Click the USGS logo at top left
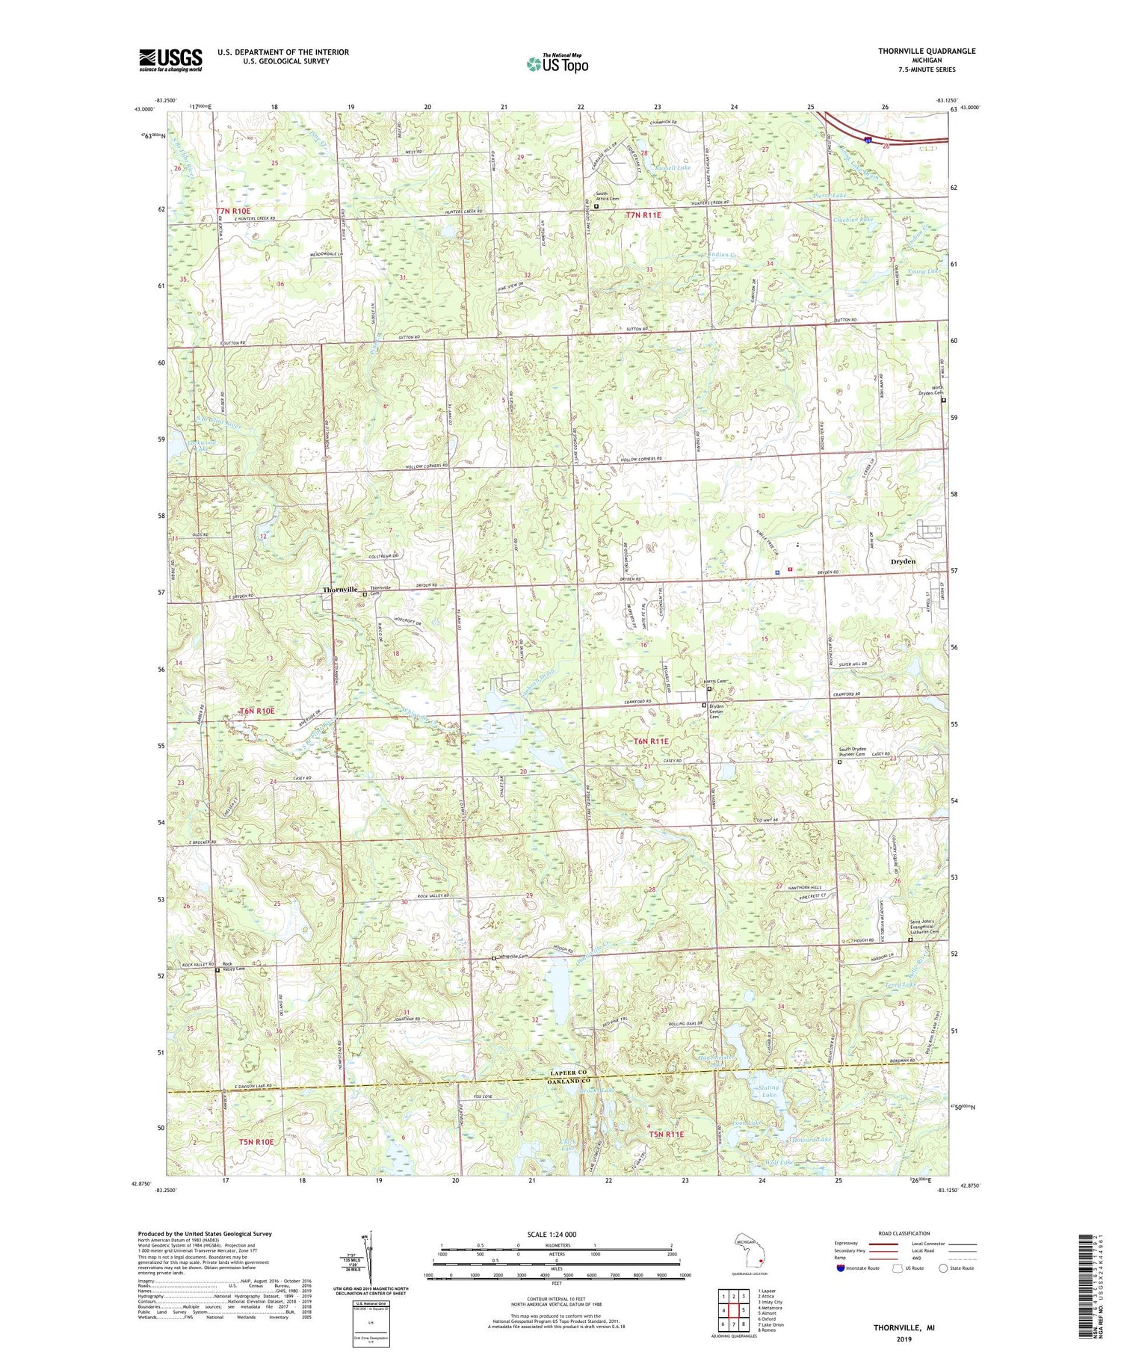(170, 60)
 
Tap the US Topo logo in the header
(557, 64)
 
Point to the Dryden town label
(903, 561)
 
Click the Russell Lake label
(673, 168)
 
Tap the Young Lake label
(924, 271)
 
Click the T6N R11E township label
(652, 740)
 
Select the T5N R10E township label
(256, 1142)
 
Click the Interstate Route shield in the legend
(841, 1268)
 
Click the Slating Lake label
(768, 1091)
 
